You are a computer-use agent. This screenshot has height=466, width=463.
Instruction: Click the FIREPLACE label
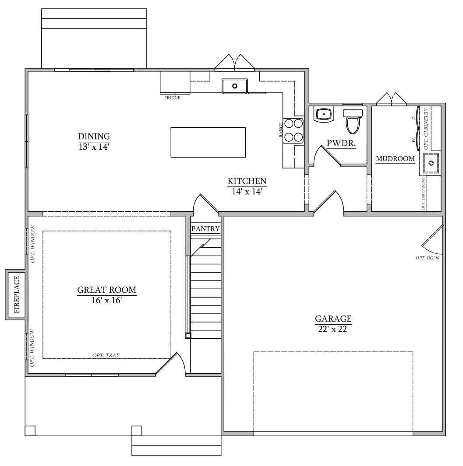coord(17,294)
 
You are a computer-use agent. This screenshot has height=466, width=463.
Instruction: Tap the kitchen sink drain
coord(235,86)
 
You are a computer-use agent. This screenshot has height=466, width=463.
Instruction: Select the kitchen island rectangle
coord(208,142)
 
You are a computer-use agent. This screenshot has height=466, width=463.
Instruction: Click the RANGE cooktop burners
coord(293,131)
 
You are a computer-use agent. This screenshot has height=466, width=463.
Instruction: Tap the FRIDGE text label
coord(172,98)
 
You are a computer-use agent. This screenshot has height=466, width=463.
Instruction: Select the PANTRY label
coord(205,229)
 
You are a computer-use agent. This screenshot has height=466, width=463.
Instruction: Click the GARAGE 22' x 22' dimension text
coord(333,329)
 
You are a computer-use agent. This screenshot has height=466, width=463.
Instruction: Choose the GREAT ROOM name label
coord(107,290)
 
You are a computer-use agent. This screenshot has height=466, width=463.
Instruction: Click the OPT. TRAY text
coord(106,355)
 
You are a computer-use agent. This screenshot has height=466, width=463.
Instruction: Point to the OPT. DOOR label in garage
coord(428,258)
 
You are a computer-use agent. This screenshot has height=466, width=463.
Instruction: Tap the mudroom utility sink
coord(431,163)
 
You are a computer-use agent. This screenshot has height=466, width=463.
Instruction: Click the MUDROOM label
coord(395,159)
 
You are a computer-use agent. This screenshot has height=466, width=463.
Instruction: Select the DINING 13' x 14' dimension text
coord(94,147)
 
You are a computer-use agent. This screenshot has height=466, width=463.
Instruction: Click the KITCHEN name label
coord(247,181)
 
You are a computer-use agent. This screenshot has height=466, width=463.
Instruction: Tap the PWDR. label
coord(341,143)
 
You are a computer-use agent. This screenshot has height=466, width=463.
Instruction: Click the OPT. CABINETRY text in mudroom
coord(426,129)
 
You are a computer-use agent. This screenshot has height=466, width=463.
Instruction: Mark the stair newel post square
coord(188,336)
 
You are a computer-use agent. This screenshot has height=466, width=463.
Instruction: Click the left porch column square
coord(30,431)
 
